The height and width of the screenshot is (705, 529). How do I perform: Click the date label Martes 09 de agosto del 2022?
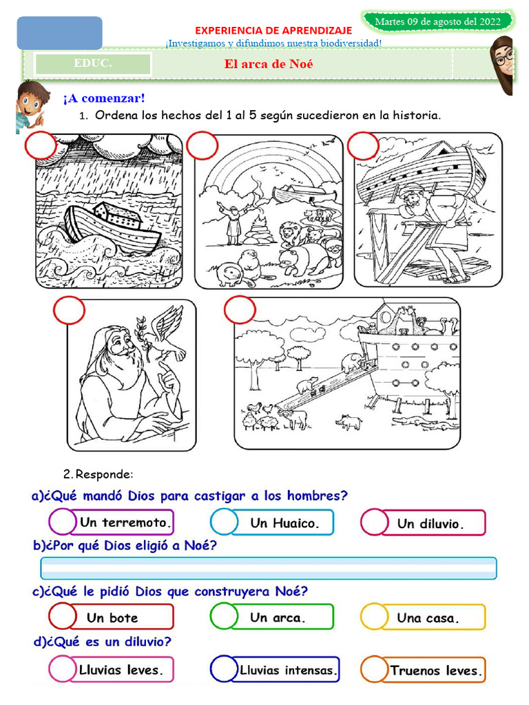(x=437, y=21)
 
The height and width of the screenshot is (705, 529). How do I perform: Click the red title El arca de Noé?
(x=269, y=64)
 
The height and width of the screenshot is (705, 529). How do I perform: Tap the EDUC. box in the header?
(x=93, y=63)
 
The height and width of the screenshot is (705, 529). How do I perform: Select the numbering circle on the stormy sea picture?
(x=41, y=145)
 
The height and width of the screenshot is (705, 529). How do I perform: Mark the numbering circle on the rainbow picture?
(x=203, y=145)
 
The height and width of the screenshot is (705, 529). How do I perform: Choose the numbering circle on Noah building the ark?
(x=363, y=145)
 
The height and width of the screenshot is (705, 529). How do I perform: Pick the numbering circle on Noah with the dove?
(x=70, y=311)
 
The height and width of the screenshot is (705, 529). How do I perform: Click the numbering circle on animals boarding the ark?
(x=240, y=310)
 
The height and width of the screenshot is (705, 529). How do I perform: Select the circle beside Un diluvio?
(x=375, y=522)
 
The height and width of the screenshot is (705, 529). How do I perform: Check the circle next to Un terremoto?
(x=63, y=522)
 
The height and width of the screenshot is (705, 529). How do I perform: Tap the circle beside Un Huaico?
(x=224, y=522)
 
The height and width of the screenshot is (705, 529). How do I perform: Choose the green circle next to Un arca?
(x=224, y=616)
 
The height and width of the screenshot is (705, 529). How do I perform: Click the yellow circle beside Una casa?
(x=374, y=616)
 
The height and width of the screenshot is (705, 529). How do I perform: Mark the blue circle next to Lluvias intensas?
(x=224, y=669)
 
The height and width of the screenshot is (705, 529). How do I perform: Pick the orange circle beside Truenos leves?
(x=374, y=669)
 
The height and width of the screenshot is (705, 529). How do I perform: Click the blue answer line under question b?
(x=269, y=568)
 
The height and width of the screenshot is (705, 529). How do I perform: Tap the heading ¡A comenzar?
(x=105, y=98)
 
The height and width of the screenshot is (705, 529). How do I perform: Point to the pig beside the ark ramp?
(x=349, y=422)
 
